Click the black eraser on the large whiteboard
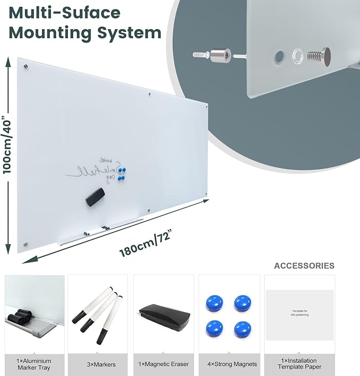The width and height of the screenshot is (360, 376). click(x=96, y=197)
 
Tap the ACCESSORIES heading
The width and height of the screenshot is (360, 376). click(x=304, y=266)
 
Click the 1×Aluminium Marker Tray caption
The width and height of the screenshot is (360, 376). click(x=34, y=364)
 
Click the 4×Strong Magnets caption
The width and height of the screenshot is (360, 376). click(x=230, y=364)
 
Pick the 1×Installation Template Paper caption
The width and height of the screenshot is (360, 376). click(x=300, y=364)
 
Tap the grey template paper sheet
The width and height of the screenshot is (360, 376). click(x=300, y=315)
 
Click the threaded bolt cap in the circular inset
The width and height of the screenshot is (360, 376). click(x=319, y=55)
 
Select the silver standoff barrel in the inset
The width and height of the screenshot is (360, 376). click(x=220, y=55)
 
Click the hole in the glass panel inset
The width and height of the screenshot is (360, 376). click(x=278, y=56)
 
